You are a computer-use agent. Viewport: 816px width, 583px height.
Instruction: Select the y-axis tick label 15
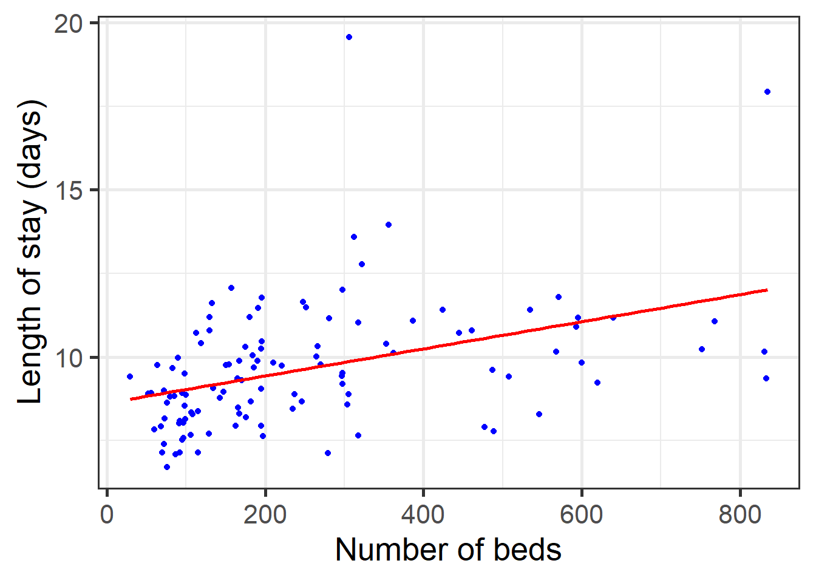[x=68, y=191]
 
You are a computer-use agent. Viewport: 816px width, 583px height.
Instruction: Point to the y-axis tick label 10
[x=68, y=358]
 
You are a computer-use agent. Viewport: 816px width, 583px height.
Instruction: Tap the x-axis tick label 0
[x=107, y=515]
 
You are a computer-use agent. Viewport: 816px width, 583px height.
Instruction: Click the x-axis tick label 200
[x=265, y=515]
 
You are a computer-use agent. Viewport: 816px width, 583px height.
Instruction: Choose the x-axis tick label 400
[x=423, y=515]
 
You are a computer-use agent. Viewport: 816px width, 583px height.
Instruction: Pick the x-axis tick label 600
[x=582, y=515]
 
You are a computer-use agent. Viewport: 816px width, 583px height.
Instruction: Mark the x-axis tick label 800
[x=739, y=515]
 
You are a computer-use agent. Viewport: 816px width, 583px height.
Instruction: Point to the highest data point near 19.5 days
[x=349, y=37]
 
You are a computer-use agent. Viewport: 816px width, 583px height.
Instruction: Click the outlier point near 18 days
[x=767, y=92]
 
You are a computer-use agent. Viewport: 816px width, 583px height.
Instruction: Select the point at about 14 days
[x=389, y=225]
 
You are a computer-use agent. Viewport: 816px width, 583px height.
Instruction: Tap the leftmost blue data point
[x=130, y=377]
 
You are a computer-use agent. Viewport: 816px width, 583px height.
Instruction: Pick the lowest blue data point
[x=167, y=467]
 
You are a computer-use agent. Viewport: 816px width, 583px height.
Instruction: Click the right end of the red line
[x=767, y=290]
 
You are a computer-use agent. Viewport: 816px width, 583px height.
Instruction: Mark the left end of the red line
[x=131, y=399]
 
